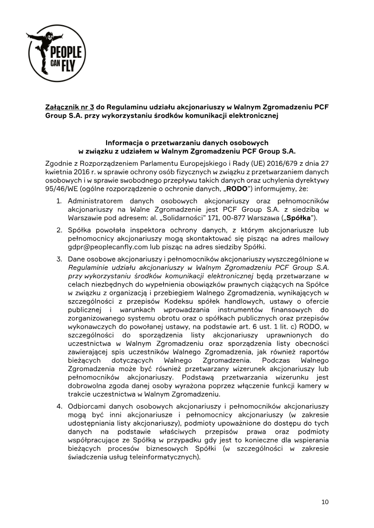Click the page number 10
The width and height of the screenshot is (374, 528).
click(x=325, y=502)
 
